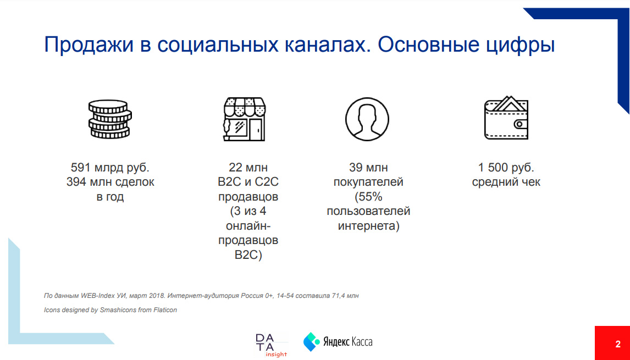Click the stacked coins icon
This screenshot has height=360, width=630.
tap(110, 119)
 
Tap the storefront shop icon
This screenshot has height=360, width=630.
tap(245, 119)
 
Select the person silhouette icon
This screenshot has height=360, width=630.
tap(367, 119)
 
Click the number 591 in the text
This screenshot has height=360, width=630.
tap(80, 167)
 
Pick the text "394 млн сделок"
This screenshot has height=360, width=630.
tap(110, 182)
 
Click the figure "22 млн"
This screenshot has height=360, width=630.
tap(247, 167)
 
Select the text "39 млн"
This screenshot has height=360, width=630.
tap(368, 167)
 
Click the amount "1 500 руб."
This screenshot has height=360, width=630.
tap(506, 167)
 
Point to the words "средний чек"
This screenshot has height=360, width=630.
tap(506, 182)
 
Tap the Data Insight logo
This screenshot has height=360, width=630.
tap(271, 345)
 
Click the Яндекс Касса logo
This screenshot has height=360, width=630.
tap(338, 342)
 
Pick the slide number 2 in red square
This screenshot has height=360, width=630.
tap(617, 344)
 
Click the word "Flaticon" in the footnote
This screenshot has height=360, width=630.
tap(164, 310)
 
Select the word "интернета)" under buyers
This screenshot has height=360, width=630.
tap(368, 226)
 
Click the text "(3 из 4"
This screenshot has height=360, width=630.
tap(247, 212)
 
